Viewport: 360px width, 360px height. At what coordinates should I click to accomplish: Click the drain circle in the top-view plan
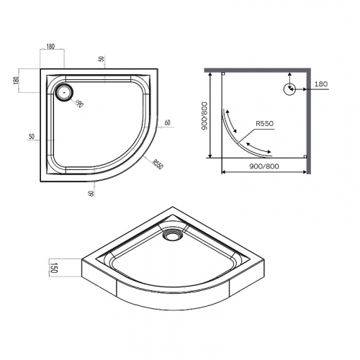[x=64, y=91]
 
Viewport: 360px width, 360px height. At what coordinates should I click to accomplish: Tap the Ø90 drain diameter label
[x=79, y=103]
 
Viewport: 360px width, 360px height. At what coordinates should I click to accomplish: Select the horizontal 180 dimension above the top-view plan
[x=50, y=47]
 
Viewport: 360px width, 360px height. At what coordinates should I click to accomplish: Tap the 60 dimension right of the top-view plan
[x=167, y=122]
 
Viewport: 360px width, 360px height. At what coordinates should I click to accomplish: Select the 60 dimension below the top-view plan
[x=92, y=192]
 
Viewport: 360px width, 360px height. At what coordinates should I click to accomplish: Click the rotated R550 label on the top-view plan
[x=157, y=163]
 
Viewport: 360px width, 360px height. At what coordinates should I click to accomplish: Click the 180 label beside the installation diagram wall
[x=320, y=85]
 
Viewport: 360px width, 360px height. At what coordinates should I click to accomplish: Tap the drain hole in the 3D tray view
[x=173, y=233]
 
